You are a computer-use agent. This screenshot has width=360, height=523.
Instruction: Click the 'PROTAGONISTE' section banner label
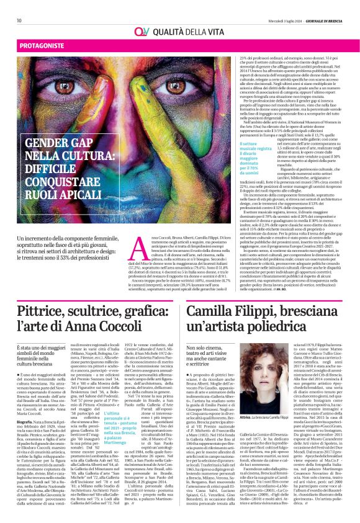click(36, 46)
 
